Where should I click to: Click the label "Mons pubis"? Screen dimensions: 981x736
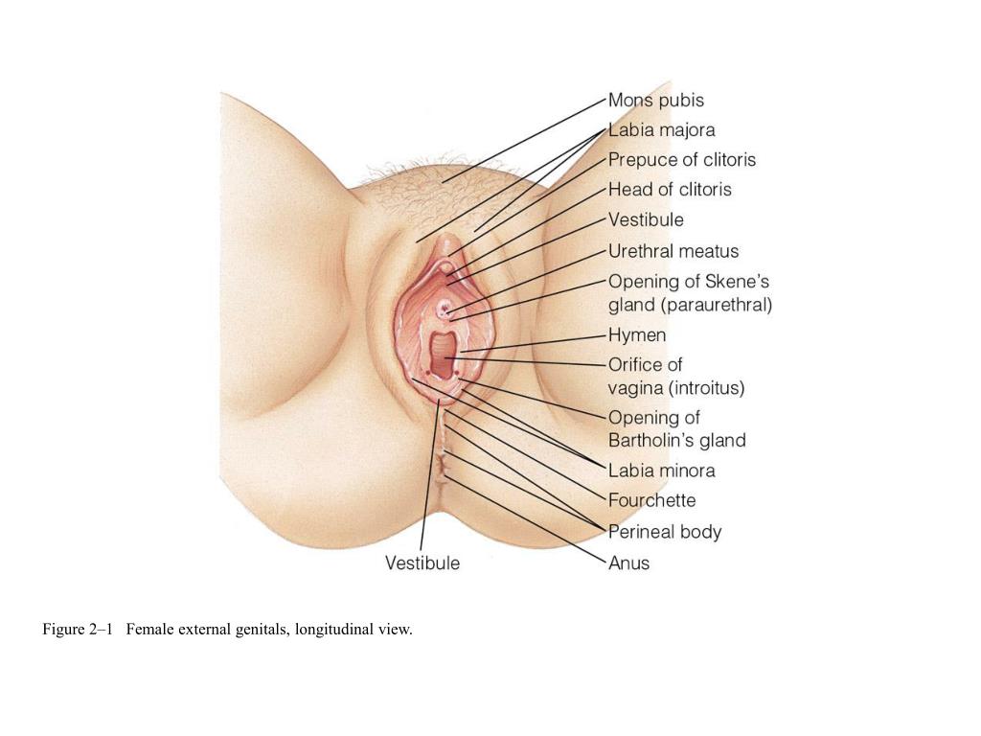655,100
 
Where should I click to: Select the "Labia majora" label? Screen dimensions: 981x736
661,129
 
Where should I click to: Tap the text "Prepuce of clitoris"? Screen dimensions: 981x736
681,159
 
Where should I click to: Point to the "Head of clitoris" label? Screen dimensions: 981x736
670,189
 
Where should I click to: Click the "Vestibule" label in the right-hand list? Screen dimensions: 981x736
646,219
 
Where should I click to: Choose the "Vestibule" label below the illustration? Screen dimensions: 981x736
422,563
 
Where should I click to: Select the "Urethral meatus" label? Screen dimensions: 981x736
673,251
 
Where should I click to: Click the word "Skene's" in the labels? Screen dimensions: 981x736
738,282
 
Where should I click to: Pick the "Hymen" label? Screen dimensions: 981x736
637,335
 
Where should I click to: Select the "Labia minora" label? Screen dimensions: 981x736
661,471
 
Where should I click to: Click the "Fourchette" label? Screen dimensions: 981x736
651,500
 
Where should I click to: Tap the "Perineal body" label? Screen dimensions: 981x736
665,531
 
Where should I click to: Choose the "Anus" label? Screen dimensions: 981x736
628,563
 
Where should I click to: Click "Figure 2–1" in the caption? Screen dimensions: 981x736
78,630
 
